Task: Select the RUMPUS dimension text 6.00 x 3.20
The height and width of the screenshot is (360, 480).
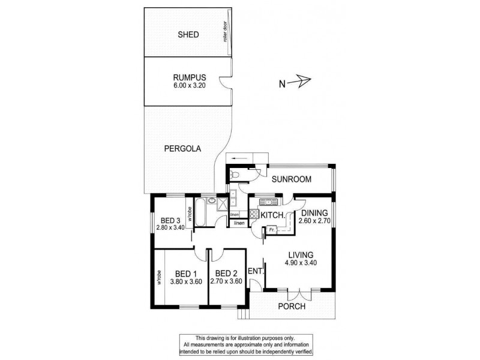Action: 190,86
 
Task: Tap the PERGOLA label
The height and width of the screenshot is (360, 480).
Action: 181,148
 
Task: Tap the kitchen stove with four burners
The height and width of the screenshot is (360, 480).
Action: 254,214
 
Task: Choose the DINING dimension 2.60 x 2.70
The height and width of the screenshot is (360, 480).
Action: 316,220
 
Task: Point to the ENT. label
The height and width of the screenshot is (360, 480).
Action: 256,271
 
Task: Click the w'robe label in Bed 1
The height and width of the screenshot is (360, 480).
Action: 160,281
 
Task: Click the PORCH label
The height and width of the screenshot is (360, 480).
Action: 291,307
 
